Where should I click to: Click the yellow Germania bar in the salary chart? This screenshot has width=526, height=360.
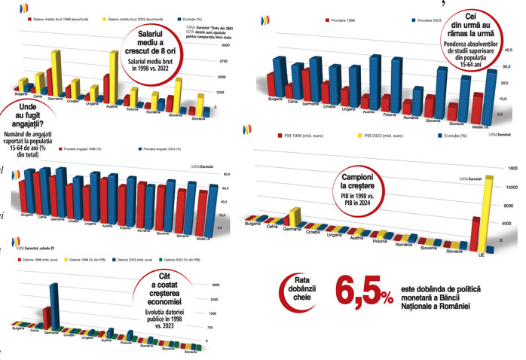click(x=56, y=72)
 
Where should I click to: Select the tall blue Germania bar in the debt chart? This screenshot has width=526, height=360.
click(x=53, y=305)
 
